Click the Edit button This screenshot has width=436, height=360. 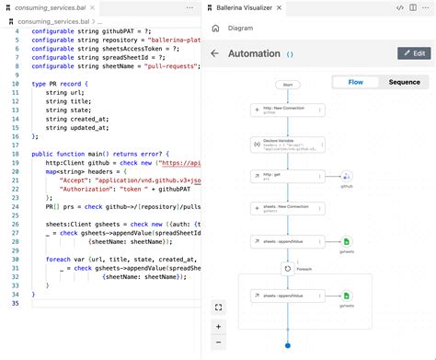[413, 53]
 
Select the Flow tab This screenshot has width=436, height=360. [354, 82]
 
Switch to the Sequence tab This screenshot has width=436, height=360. [404, 82]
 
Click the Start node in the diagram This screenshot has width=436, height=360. [287, 84]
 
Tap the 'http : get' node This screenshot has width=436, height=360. [287, 176]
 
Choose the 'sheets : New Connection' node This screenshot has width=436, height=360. [287, 209]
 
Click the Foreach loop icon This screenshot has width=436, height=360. [287, 270]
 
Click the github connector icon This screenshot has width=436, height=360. [347, 177]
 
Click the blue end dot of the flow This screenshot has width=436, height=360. [287, 345]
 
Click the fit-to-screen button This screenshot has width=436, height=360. [218, 308]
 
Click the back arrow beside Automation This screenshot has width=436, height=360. [215, 53]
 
